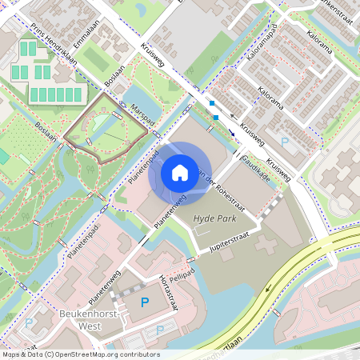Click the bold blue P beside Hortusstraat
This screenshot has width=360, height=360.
click(145, 302)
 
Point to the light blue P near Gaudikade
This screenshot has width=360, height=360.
click(286, 142)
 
